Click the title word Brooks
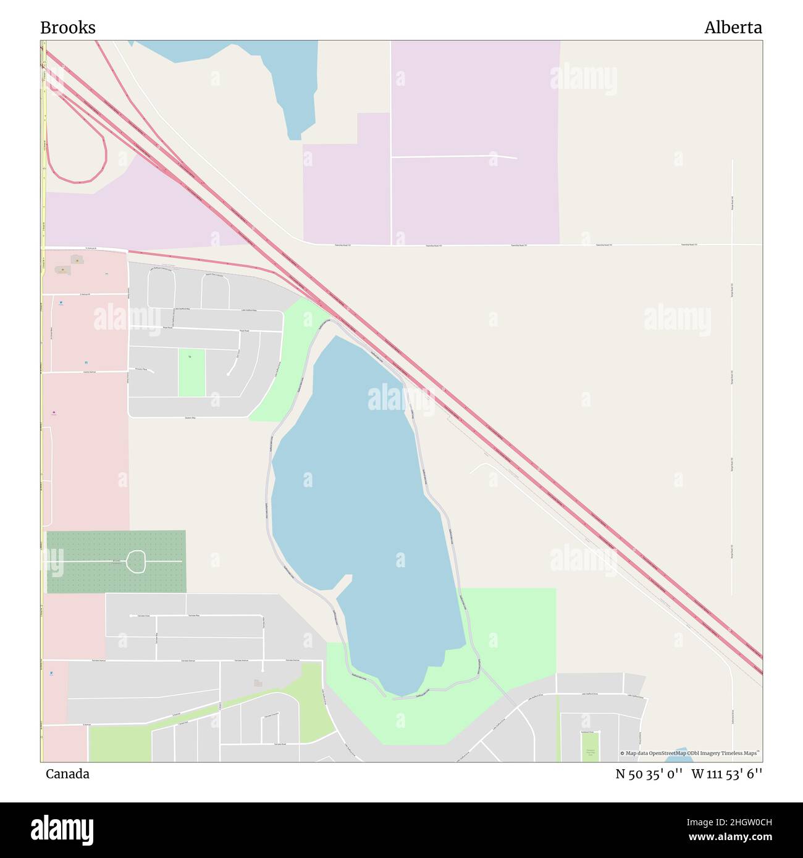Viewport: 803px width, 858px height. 68,28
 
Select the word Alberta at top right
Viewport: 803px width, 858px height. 733,28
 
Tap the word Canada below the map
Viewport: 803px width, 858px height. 67,774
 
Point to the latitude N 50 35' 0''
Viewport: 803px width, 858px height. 649,774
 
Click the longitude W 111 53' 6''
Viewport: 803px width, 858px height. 726,774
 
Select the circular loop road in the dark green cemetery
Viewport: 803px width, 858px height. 135,561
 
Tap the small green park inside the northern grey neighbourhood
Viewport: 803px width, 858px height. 191,373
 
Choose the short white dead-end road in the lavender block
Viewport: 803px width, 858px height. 454,157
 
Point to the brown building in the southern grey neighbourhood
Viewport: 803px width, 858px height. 258,683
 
